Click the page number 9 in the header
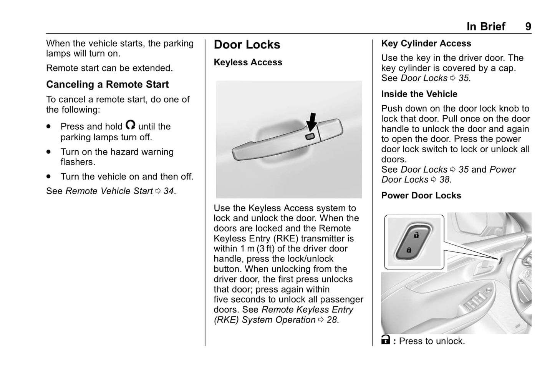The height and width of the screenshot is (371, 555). (x=528, y=27)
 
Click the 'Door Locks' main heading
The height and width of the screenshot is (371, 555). (x=247, y=45)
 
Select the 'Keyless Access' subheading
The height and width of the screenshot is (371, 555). (x=248, y=62)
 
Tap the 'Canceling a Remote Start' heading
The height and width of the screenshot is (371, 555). (x=107, y=85)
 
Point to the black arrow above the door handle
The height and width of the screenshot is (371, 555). (x=312, y=122)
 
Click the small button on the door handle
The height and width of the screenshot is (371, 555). (x=310, y=136)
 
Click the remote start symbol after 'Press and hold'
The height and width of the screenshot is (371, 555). (x=130, y=125)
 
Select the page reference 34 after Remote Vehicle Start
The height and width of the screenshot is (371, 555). (x=169, y=191)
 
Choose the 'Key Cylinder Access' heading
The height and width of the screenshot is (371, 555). (x=426, y=43)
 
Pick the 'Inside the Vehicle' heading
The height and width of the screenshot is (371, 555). (x=419, y=94)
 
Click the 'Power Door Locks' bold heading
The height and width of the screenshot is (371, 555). (x=421, y=196)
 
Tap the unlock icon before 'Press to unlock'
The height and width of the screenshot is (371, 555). (x=386, y=340)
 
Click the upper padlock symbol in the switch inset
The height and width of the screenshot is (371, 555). (x=416, y=235)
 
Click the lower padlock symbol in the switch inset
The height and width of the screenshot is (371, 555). (x=409, y=250)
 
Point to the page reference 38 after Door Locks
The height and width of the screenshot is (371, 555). (x=444, y=180)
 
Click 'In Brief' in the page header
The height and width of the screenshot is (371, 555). (x=485, y=27)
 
